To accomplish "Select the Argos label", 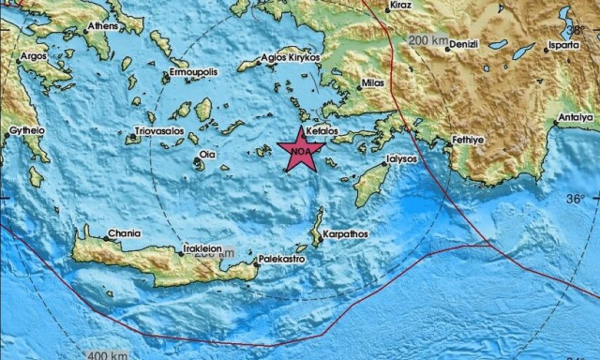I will pyautogui.click(x=34, y=56).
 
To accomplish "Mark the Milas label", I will pyautogui.click(x=373, y=84).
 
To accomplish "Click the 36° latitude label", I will pyautogui.click(x=576, y=199).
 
